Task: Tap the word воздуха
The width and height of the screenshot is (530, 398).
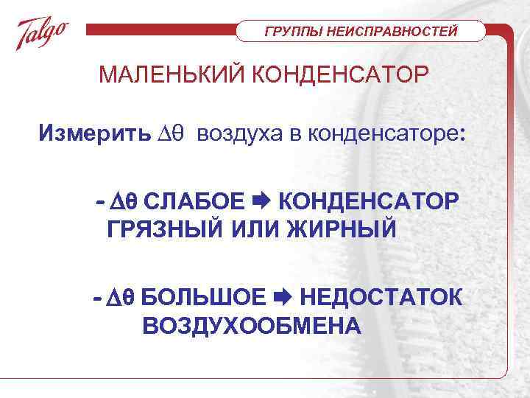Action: click(x=236, y=134)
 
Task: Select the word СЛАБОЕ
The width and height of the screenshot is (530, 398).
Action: click(x=194, y=200)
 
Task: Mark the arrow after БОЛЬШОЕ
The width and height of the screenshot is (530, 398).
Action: click(x=283, y=298)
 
